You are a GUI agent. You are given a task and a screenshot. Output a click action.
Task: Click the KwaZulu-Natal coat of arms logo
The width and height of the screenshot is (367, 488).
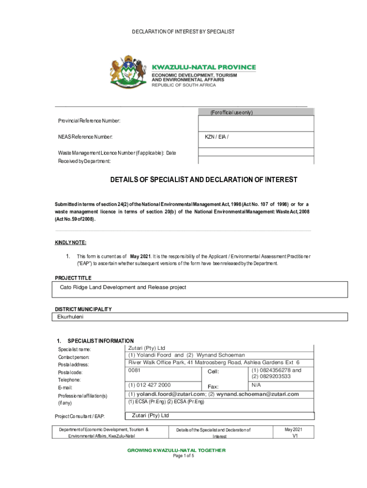point(127,74)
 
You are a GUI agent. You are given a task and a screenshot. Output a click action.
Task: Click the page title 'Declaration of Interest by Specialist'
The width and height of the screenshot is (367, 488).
point(183,31)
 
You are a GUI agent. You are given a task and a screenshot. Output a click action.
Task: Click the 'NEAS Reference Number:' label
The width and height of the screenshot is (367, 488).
point(85,137)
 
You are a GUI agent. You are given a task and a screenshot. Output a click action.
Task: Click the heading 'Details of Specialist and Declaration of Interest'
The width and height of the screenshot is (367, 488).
point(204,180)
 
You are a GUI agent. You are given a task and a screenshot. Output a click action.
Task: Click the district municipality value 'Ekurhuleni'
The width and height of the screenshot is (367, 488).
point(70,316)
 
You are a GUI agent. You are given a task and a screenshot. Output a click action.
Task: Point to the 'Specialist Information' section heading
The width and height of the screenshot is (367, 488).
point(101,341)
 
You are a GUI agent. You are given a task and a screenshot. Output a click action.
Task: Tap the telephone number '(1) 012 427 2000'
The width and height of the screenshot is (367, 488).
point(150,385)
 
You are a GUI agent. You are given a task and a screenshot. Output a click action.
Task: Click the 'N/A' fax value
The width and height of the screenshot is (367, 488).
point(256,384)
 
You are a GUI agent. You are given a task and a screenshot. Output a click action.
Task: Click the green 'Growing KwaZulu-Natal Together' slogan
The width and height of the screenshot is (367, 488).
point(183,450)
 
